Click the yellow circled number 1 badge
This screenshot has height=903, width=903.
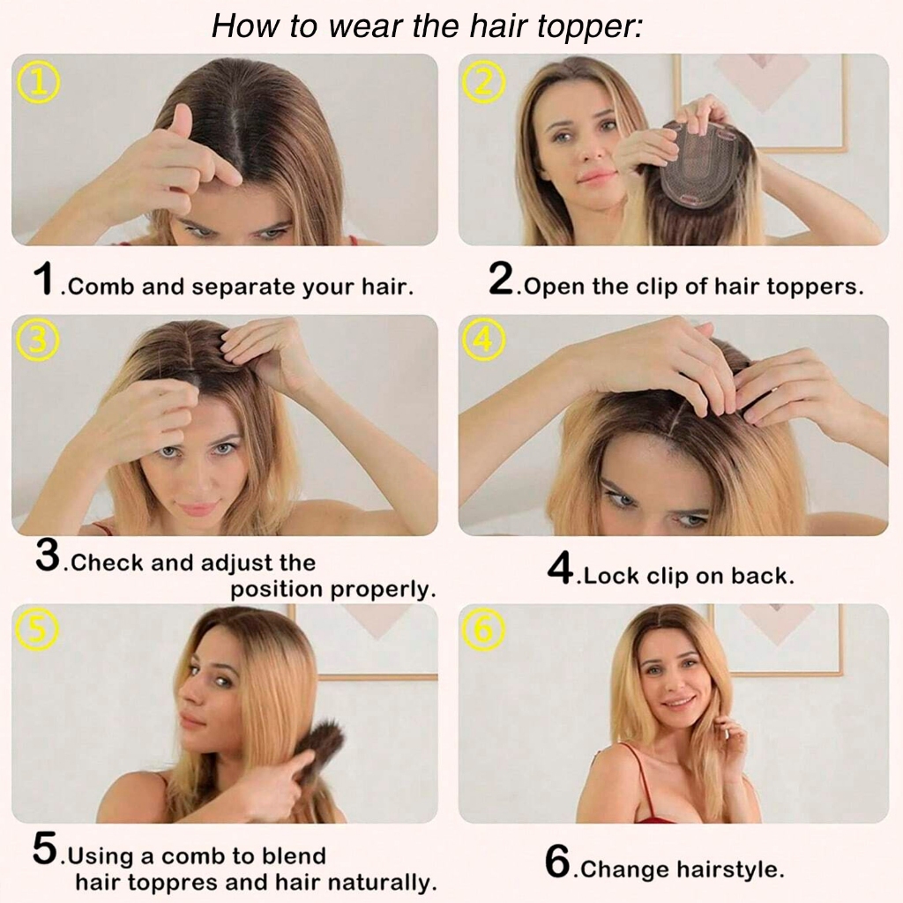39,83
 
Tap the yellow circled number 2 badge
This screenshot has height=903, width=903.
484,83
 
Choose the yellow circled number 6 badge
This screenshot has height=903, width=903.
484,629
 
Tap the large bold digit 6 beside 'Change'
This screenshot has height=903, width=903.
557,862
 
